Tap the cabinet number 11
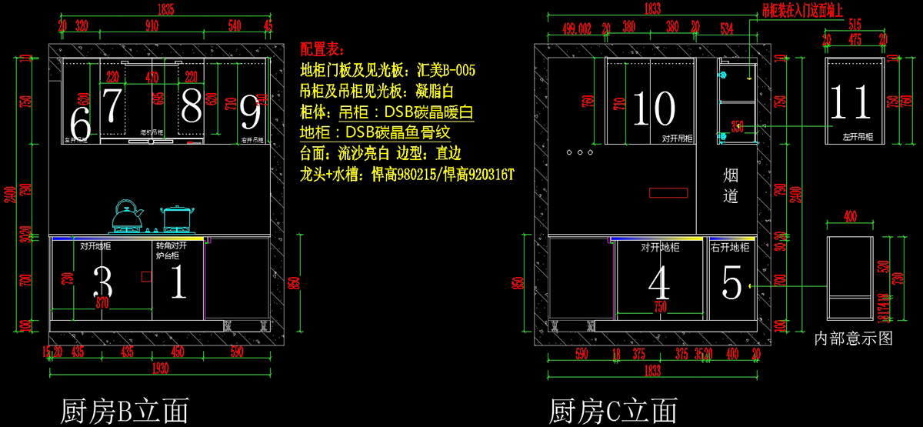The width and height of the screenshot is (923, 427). tap(851, 103)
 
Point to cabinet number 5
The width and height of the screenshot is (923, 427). tap(731, 282)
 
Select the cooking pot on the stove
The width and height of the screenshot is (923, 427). tap(176, 218)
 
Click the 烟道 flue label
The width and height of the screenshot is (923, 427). tap(731, 186)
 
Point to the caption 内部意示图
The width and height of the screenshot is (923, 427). tap(853, 337)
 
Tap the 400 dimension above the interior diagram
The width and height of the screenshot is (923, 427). tap(850, 217)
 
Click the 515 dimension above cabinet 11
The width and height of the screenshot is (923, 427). tap(853, 25)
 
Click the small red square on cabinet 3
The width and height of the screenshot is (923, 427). tap(145, 275)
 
